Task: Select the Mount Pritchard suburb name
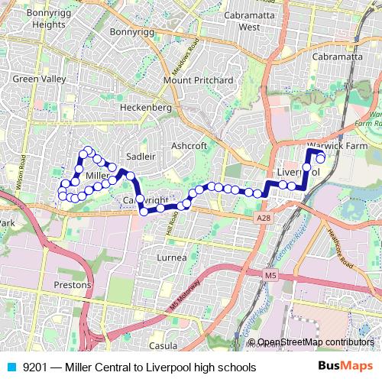click(x=198, y=80)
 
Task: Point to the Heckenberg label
click(x=146, y=108)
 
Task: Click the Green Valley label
click(x=35, y=79)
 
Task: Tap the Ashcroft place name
click(x=189, y=145)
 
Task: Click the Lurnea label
click(x=171, y=258)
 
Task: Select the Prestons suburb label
click(x=73, y=284)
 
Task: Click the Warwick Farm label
click(x=337, y=145)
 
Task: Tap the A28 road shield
click(x=264, y=219)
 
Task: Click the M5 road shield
click(x=271, y=274)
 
